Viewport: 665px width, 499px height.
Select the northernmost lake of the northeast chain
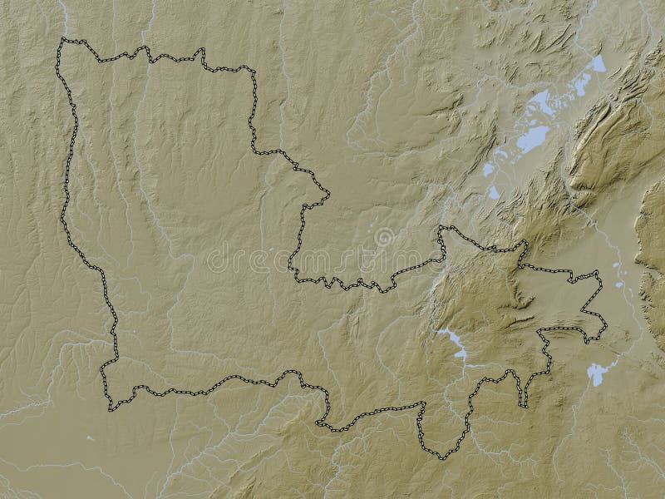click(597, 63)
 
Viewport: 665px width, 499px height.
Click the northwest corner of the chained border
click(61, 40)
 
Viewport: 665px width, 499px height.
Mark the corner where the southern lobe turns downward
click(421, 405)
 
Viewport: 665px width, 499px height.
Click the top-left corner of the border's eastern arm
click(441, 227)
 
